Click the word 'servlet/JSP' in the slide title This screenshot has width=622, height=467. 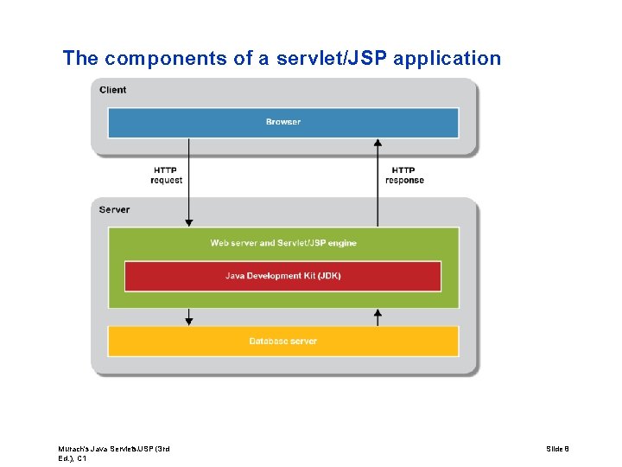329,59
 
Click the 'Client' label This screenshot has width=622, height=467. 112,90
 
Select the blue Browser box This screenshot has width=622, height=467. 282,122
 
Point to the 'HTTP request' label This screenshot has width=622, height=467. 167,176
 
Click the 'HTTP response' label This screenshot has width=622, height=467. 404,176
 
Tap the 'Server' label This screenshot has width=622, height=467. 114,209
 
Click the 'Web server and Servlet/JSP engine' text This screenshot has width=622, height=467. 282,243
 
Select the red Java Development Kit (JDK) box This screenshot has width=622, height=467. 282,276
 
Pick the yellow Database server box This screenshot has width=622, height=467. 282,341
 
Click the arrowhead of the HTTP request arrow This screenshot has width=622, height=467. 189,224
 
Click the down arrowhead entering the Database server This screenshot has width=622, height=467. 189,322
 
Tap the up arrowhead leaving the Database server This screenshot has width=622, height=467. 377,312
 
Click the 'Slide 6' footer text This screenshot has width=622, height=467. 557,449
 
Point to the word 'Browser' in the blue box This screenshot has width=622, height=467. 282,122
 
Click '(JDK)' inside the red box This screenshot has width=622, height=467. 328,276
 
